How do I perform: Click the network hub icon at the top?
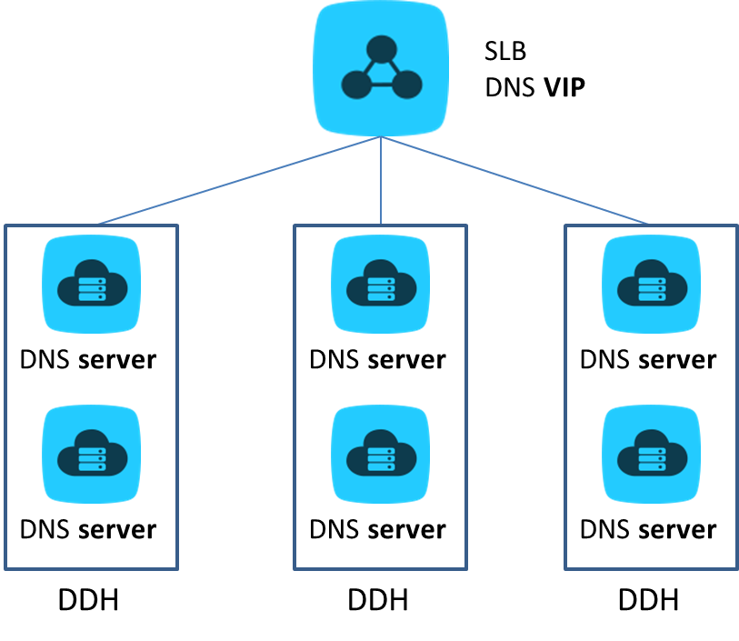tap(381, 69)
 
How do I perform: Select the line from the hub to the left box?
tap(239, 180)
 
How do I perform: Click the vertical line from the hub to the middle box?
tap(381, 182)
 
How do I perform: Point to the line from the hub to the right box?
tap(516, 180)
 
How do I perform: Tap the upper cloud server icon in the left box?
tap(92, 285)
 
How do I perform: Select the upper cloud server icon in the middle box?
tap(380, 285)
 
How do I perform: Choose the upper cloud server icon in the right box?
tap(651, 285)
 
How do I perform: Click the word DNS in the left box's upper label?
tap(45, 360)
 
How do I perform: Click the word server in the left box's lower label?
tap(117, 529)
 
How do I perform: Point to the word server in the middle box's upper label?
tap(406, 360)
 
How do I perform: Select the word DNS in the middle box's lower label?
tap(335, 529)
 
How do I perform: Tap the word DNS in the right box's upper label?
tap(605, 360)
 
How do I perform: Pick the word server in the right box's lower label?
tap(677, 529)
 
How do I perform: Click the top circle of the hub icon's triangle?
tap(382, 46)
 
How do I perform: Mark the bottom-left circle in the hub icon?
tap(356, 85)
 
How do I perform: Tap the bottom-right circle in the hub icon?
tap(407, 85)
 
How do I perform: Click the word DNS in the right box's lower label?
tap(605, 529)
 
